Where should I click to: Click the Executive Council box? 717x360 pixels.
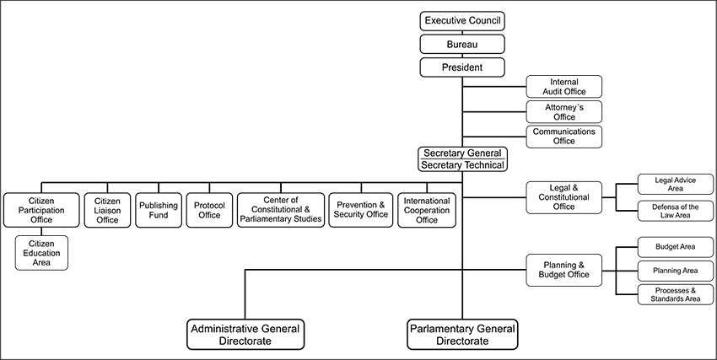[462, 20]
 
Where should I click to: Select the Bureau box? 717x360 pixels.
[462, 44]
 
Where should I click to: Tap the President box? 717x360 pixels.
[462, 67]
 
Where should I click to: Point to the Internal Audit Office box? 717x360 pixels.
[563, 87]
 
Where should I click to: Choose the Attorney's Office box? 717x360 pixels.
[563, 111]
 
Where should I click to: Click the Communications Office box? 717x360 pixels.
[563, 136]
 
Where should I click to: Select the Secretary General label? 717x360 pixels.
[462, 153]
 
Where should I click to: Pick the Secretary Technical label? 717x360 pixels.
[462, 165]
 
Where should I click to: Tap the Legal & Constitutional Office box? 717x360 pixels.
[563, 196]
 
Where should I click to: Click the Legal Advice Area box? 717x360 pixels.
[675, 184]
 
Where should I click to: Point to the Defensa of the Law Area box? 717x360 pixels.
[675, 211]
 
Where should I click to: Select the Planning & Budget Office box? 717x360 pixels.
[563, 270]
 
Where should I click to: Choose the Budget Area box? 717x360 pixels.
[675, 247]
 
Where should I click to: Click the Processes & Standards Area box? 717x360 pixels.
[675, 294]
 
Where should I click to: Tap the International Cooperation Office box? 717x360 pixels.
[427, 210]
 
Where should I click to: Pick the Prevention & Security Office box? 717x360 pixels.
[360, 210]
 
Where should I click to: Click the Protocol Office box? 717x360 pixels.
[208, 210]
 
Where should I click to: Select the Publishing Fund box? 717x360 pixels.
[159, 210]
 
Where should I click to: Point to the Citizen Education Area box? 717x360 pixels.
[40, 253]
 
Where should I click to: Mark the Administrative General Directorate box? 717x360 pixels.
[245, 334]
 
